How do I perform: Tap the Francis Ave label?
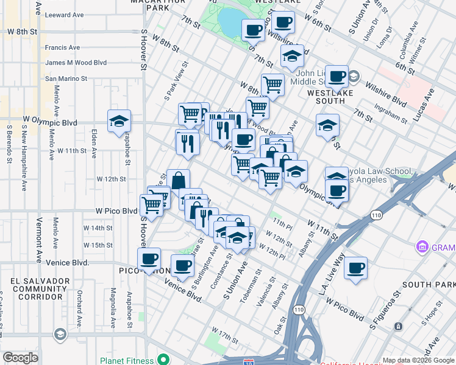63,47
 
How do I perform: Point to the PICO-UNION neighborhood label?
140,270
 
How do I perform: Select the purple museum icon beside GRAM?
421,247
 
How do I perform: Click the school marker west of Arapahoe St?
119,121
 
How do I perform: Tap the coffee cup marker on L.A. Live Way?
356,268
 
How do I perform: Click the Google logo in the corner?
20,358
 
